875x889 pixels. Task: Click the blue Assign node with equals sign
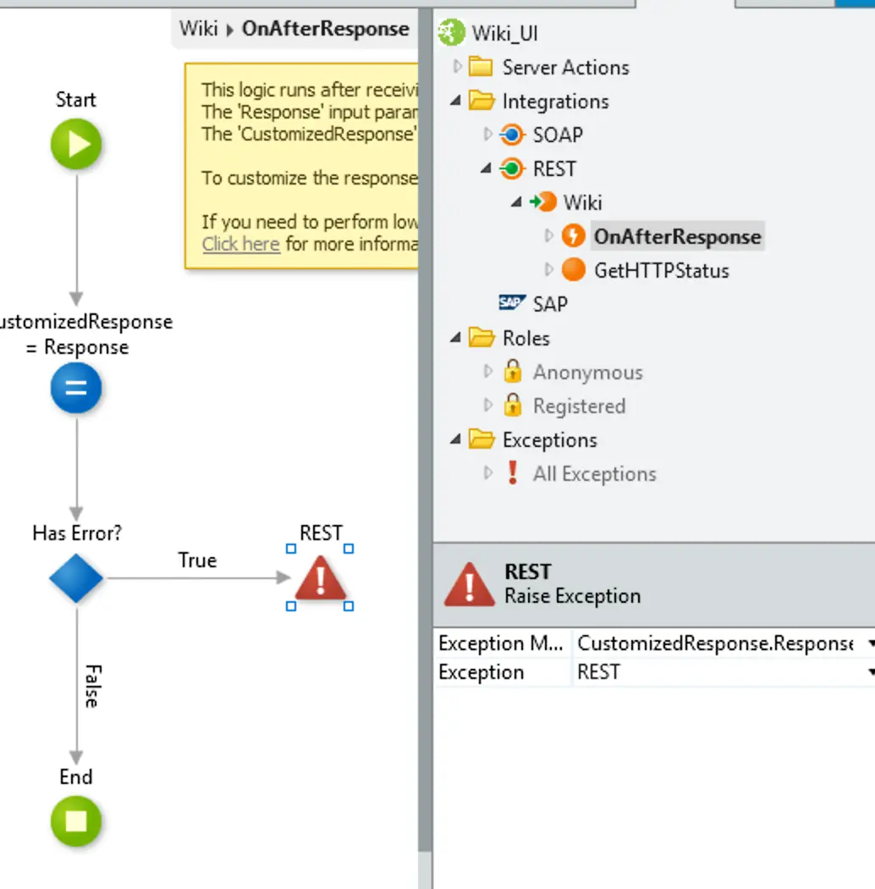pos(76,389)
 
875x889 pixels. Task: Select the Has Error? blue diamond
pos(76,578)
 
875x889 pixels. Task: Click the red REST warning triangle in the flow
pos(320,578)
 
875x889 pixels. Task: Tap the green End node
pos(76,821)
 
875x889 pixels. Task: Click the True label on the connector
pos(197,560)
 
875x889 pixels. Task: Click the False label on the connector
pos(91,686)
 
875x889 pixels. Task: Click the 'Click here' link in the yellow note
pos(241,244)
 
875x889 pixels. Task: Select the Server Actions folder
pos(565,67)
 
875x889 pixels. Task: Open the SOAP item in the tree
pos(557,135)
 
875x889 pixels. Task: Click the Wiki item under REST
pos(582,202)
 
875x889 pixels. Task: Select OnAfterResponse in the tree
pos(677,236)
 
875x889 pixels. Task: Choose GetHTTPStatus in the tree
pos(661,270)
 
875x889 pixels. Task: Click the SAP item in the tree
pos(550,304)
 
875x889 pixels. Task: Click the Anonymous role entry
pos(587,373)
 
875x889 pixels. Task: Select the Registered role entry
pos(579,406)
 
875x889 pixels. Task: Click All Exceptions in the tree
pos(594,474)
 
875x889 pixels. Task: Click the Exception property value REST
pos(599,672)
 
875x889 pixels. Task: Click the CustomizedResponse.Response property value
pos(714,643)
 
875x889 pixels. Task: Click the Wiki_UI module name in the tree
pos(504,33)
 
